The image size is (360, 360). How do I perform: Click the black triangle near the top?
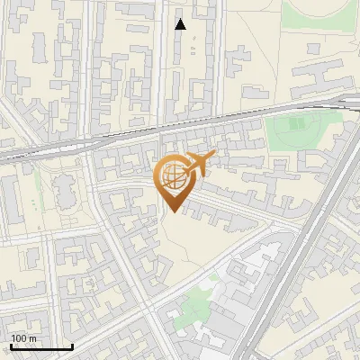tap(180, 24)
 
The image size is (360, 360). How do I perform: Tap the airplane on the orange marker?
tap(199, 164)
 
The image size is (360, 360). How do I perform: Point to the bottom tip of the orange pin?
tap(174, 212)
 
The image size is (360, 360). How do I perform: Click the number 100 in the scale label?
tap(18, 338)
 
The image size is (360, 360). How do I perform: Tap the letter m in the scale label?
tap(32, 338)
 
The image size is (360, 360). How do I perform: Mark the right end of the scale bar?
tap(72, 346)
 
